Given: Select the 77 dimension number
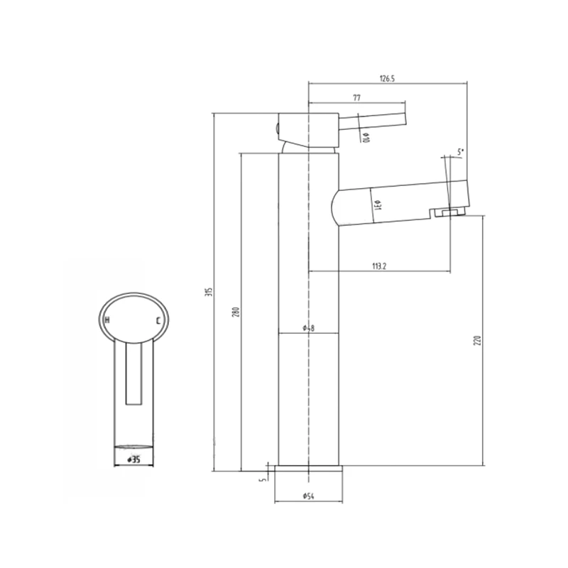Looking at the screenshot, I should pos(357,99).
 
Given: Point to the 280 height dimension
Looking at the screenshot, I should pos(236,312).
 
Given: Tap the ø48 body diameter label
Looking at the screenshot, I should pos(308,327).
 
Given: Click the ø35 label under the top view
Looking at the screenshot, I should pos(133,459).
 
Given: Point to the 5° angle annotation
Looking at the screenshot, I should pos(460,151).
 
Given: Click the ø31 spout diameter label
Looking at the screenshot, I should pos(378,206).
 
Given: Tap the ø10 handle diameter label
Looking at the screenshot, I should pos(365,137).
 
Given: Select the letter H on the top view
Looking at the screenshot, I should pos(107,322).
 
